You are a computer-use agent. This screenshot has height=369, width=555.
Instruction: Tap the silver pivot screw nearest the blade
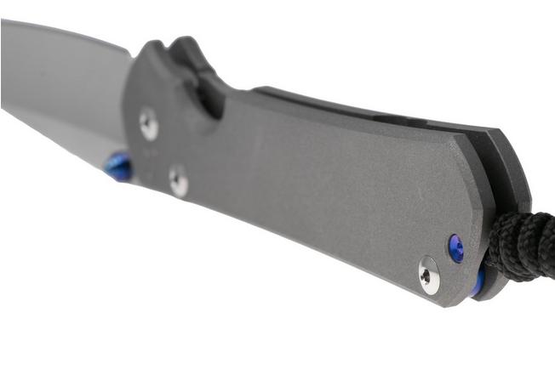149,124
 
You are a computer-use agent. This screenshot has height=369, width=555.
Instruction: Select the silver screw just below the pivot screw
178,180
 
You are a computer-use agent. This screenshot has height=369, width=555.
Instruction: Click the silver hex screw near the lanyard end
429,275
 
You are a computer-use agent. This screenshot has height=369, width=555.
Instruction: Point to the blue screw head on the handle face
456,247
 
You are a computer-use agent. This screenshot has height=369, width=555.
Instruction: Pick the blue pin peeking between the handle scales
479,281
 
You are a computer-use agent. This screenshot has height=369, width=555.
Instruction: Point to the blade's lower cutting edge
51,136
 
